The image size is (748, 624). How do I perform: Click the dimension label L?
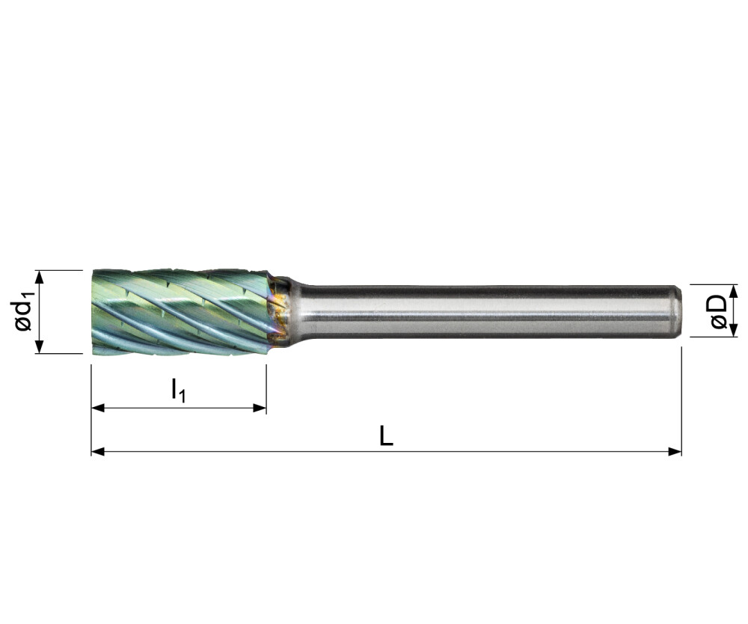tap(386, 435)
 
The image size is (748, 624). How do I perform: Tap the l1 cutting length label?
tap(177, 390)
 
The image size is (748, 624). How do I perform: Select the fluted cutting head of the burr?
tap(180, 311)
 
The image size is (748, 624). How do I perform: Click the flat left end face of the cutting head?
tap(93, 311)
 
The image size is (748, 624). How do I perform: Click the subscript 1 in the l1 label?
tap(181, 394)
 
